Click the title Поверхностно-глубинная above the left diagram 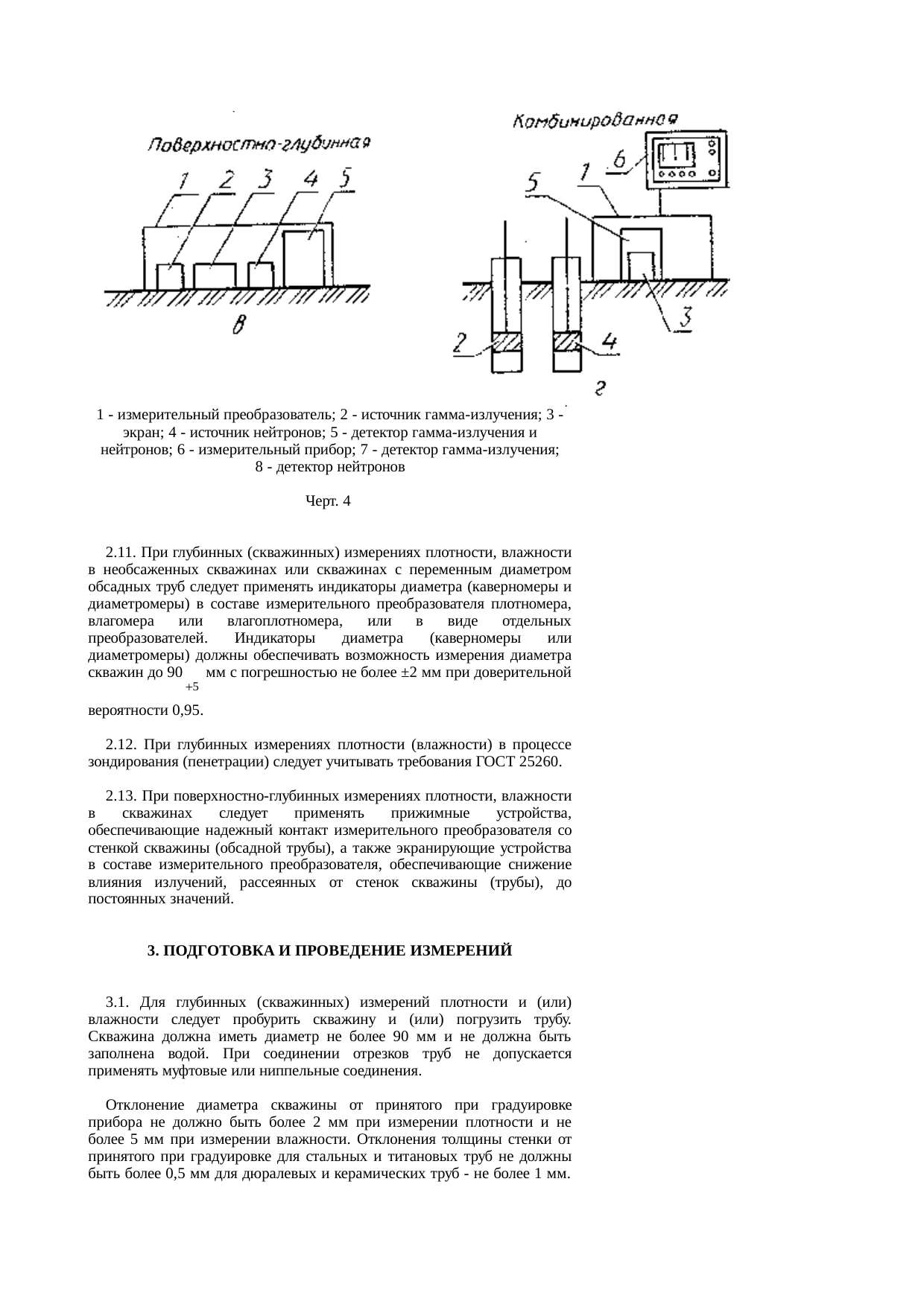click(x=259, y=144)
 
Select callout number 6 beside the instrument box click(x=618, y=159)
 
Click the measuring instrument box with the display click(x=686, y=159)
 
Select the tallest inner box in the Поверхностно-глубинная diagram click(x=304, y=258)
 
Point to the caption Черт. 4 click(x=328, y=502)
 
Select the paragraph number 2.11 click(x=120, y=553)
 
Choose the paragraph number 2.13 click(x=120, y=796)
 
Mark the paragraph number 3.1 click(x=118, y=1002)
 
